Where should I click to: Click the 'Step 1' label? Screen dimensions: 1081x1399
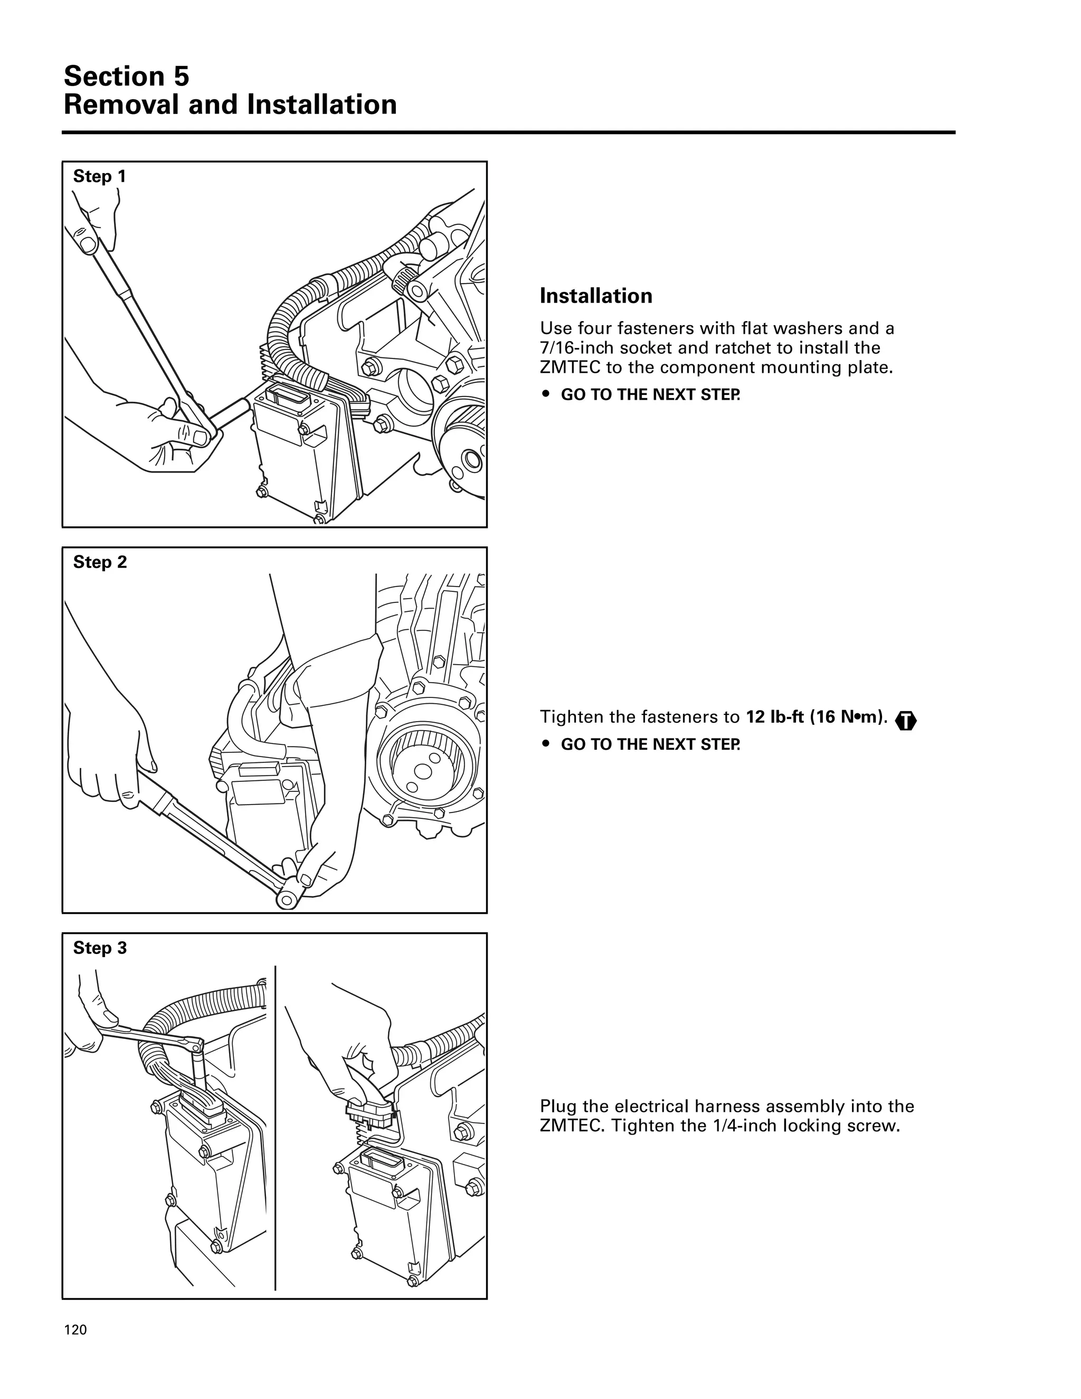(99, 176)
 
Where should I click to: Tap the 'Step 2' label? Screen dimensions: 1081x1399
(100, 562)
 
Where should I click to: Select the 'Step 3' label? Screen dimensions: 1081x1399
(100, 948)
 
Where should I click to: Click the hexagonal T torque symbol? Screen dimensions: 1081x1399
(907, 721)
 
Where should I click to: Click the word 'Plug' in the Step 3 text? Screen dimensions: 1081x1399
(557, 1106)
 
